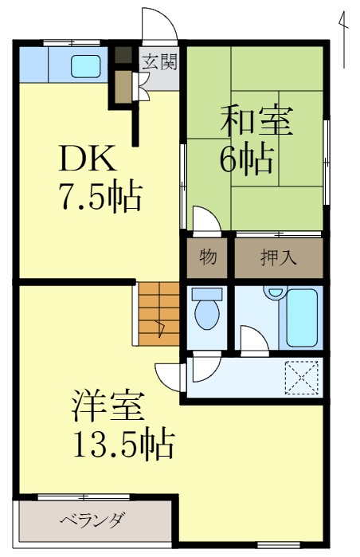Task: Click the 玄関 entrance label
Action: point(158,60)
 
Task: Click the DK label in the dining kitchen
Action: point(87,159)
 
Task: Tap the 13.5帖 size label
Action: point(123,445)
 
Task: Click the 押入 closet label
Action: point(279,257)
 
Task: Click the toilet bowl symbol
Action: point(207,310)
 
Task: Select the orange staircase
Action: point(159,313)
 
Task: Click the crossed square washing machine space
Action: point(302,377)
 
